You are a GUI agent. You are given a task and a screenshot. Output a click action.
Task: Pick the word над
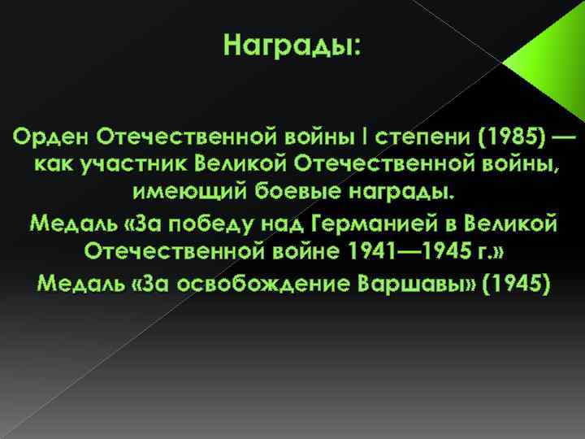291,223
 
